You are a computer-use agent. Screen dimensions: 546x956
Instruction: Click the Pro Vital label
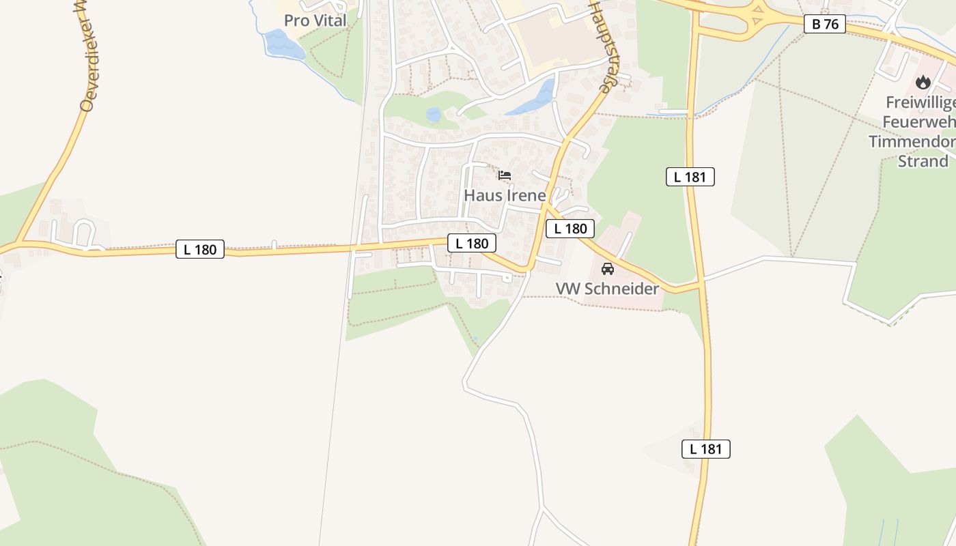tap(315, 20)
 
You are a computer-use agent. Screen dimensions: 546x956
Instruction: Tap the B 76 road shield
tap(825, 24)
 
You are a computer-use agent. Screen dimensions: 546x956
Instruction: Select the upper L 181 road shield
tap(690, 177)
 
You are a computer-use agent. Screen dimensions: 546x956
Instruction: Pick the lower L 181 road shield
tap(705, 448)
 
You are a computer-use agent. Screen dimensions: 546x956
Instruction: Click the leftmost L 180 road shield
tap(199, 249)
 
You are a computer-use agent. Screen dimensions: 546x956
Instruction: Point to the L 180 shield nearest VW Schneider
tap(570, 229)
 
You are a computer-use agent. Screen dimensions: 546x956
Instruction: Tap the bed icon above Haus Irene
tap(505, 175)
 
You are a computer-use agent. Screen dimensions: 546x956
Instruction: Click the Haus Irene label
tap(505, 195)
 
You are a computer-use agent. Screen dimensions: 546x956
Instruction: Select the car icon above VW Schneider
tap(607, 268)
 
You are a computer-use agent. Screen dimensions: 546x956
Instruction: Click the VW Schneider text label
tap(607, 289)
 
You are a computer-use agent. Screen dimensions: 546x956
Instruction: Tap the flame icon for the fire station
tap(923, 83)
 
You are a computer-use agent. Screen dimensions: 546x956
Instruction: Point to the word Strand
tap(923, 161)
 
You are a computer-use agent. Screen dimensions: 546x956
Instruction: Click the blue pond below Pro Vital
tap(283, 45)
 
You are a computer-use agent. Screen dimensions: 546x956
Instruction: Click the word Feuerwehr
tap(918, 121)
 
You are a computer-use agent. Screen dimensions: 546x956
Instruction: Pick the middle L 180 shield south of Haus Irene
tap(471, 243)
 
